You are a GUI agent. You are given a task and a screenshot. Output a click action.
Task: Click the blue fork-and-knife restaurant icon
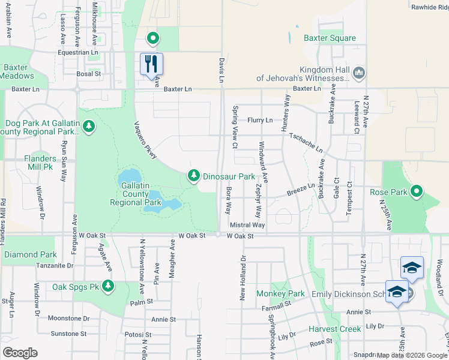[151, 64]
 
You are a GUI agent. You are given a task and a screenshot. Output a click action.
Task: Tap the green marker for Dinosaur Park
[193, 176]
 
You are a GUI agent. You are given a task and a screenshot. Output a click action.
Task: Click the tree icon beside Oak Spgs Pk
[108, 286]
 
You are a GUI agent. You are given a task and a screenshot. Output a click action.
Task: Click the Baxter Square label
[330, 38]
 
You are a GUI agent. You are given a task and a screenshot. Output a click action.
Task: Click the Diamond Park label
[30, 254]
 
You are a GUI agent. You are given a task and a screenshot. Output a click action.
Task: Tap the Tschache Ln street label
[306, 142]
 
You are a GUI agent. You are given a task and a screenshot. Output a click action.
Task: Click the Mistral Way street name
[247, 225]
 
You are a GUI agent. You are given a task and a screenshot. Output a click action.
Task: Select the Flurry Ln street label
[259, 120]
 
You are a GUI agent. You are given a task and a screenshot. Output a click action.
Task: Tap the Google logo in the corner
[20, 352]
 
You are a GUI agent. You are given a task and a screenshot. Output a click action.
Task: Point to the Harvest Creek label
[334, 329]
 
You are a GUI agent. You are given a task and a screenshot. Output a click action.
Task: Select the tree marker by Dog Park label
[89, 127]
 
